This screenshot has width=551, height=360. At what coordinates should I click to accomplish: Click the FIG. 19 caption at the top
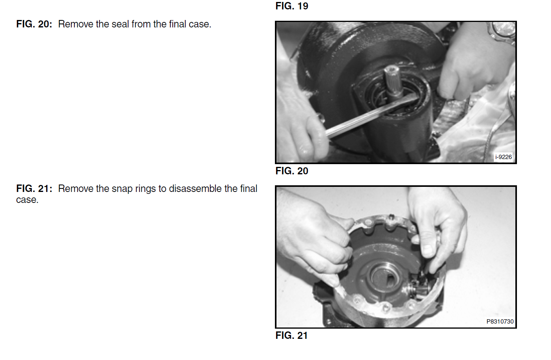point(292,6)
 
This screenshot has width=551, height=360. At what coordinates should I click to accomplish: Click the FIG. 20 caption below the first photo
point(292,171)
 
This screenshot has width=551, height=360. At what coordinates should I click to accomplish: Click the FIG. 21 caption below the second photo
point(291,335)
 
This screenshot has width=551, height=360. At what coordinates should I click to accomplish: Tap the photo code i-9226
point(504,157)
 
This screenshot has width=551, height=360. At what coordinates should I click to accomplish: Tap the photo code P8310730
point(500,321)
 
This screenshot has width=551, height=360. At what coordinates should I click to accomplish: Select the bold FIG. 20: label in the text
point(34,24)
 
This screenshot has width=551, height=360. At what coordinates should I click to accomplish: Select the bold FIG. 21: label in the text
point(34,189)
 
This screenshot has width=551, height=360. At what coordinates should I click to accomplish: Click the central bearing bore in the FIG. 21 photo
point(385,277)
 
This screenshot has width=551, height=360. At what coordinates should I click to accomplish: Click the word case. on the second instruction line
point(27,200)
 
